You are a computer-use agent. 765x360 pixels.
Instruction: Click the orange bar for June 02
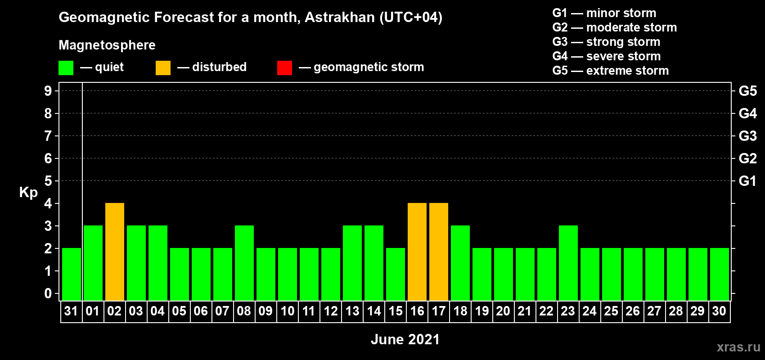click(x=115, y=252)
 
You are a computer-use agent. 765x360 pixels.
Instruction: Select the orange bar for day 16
click(x=417, y=252)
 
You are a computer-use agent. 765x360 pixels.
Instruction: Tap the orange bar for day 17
click(x=439, y=252)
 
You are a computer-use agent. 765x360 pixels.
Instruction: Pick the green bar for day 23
click(x=568, y=263)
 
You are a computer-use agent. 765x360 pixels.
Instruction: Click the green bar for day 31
click(x=72, y=274)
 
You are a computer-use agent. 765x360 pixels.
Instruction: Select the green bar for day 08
click(x=244, y=263)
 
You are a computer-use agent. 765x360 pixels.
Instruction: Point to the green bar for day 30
click(x=720, y=274)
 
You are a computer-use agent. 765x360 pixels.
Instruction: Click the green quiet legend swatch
click(x=66, y=67)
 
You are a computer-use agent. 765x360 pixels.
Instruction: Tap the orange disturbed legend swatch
click(x=163, y=67)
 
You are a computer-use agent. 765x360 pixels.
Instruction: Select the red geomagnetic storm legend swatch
click(x=284, y=67)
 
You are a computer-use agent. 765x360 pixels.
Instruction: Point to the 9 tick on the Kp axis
click(x=48, y=91)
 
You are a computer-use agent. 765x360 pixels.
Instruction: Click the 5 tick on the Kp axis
click(x=48, y=181)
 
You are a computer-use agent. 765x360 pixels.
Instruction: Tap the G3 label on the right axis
click(x=747, y=136)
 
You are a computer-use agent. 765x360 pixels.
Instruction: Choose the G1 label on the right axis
click(x=747, y=181)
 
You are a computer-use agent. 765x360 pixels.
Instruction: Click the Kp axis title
click(x=28, y=193)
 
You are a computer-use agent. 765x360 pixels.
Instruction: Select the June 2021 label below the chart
click(x=405, y=339)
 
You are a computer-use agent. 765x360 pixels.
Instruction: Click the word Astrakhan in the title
click(x=339, y=17)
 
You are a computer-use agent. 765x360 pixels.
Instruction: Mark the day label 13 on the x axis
click(x=352, y=311)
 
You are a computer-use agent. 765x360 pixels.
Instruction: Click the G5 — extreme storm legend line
click(x=610, y=71)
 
